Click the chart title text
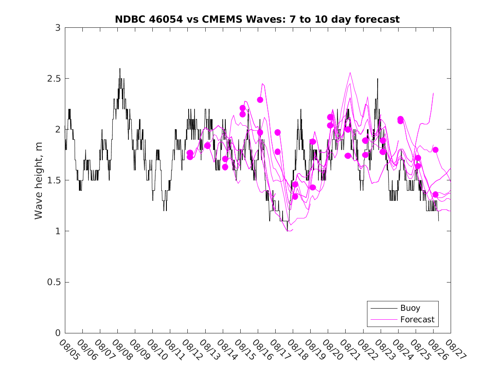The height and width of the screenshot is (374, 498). [x=257, y=19]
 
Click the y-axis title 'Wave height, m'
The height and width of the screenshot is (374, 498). [x=39, y=180]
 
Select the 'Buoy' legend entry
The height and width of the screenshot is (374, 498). [x=410, y=308]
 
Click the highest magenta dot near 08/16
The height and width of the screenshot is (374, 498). [x=260, y=100]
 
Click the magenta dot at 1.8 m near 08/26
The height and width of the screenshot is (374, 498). [x=435, y=150]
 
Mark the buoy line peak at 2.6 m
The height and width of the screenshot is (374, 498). [x=120, y=68]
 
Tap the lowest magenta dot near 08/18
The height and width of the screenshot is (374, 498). [x=295, y=197]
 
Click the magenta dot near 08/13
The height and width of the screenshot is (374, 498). [x=207, y=146]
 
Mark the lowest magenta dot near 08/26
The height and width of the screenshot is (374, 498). [x=435, y=194]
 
